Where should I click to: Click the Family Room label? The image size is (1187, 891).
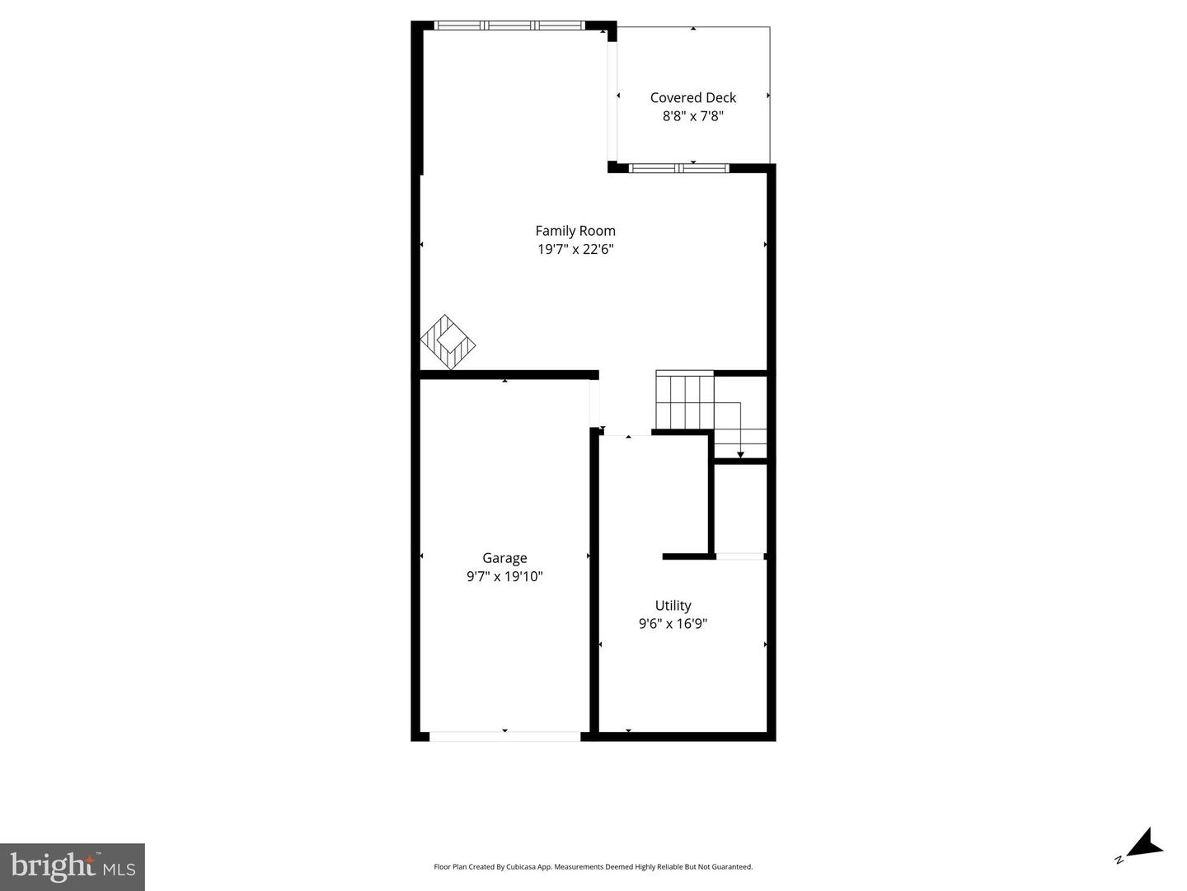coord(575,231)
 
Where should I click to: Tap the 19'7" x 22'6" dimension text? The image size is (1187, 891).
coord(575,249)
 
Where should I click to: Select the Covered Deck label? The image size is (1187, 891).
coord(692,97)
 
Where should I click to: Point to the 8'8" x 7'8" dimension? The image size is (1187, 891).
coord(692,116)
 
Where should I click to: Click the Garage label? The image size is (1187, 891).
coord(504,558)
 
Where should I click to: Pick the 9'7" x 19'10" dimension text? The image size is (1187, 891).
coord(504,576)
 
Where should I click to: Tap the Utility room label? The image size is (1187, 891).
coord(673,605)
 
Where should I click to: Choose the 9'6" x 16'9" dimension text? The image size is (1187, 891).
coord(673,624)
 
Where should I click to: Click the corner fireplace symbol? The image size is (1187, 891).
coord(448,341)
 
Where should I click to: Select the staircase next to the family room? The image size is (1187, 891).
coord(684,401)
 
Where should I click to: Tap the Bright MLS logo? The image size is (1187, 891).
coord(73,866)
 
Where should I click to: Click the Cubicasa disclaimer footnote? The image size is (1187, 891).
coord(593,866)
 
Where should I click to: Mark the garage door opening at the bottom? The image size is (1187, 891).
coord(504,736)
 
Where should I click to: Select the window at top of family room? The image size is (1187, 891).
coord(509,26)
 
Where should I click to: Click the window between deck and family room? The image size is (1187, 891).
coord(678,168)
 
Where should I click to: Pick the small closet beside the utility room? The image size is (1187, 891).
coord(739,509)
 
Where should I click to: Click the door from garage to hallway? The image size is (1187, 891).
coord(593,404)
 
